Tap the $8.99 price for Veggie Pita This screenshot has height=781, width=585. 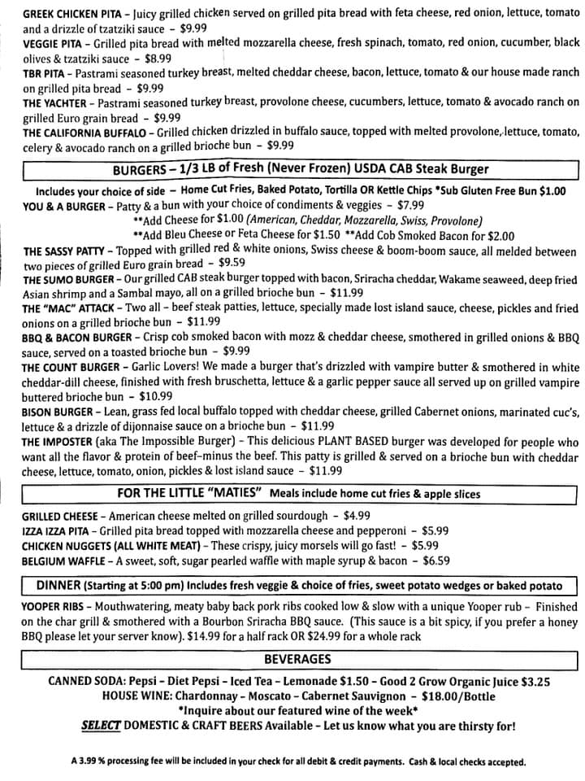(x=158, y=58)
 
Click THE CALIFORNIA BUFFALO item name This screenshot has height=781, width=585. (x=84, y=132)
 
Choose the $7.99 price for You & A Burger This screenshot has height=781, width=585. (x=411, y=206)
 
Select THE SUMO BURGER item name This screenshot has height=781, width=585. (x=67, y=280)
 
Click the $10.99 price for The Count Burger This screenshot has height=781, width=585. (x=155, y=397)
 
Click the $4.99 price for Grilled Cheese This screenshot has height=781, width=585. (x=357, y=516)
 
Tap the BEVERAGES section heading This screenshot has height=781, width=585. (x=297, y=659)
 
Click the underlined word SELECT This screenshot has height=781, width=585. (x=101, y=726)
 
